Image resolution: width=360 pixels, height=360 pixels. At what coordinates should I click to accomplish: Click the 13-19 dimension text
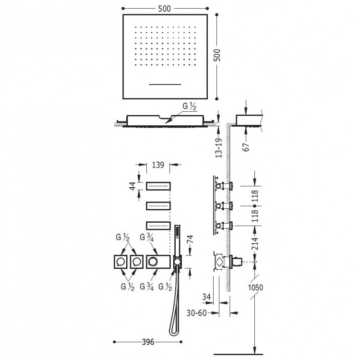218,146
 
